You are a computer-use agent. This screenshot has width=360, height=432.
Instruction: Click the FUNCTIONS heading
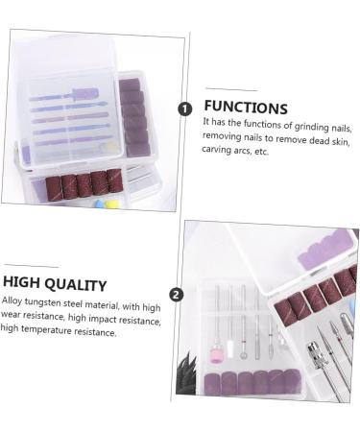tap(245, 108)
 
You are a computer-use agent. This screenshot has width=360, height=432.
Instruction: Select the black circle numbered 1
tap(185, 108)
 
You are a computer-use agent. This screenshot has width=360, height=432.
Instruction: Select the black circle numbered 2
tap(176, 295)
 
